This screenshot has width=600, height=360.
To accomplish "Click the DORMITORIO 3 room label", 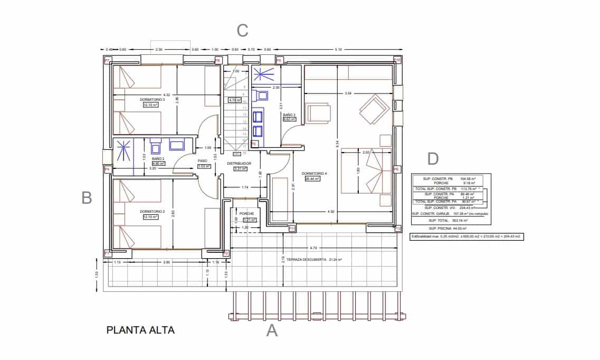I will pyautogui.click(x=153, y=99).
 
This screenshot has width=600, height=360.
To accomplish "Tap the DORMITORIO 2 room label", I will pyautogui.click(x=153, y=212).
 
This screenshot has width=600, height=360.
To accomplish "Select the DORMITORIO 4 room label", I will pyautogui.click(x=315, y=173).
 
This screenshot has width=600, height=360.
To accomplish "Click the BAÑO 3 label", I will pyautogui.click(x=289, y=115).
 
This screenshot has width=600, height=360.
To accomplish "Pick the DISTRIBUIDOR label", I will pyautogui.click(x=239, y=164).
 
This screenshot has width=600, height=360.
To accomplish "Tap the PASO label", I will pyautogui.click(x=203, y=161).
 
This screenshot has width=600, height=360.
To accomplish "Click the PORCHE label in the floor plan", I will pyautogui.click(x=246, y=214).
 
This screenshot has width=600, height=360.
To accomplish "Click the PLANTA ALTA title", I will pyautogui.click(x=140, y=330).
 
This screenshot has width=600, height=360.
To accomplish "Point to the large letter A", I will pyautogui.click(x=272, y=330).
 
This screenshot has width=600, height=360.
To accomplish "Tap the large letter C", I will pyautogui.click(x=242, y=31).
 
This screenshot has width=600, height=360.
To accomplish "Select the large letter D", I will pyautogui.click(x=433, y=158).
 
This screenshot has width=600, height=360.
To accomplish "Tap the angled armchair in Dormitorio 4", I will pyautogui.click(x=374, y=109).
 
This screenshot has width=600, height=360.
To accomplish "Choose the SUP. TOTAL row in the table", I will pyautogui.click(x=451, y=220).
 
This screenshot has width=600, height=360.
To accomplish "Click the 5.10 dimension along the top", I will pyautogui.click(x=338, y=50).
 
